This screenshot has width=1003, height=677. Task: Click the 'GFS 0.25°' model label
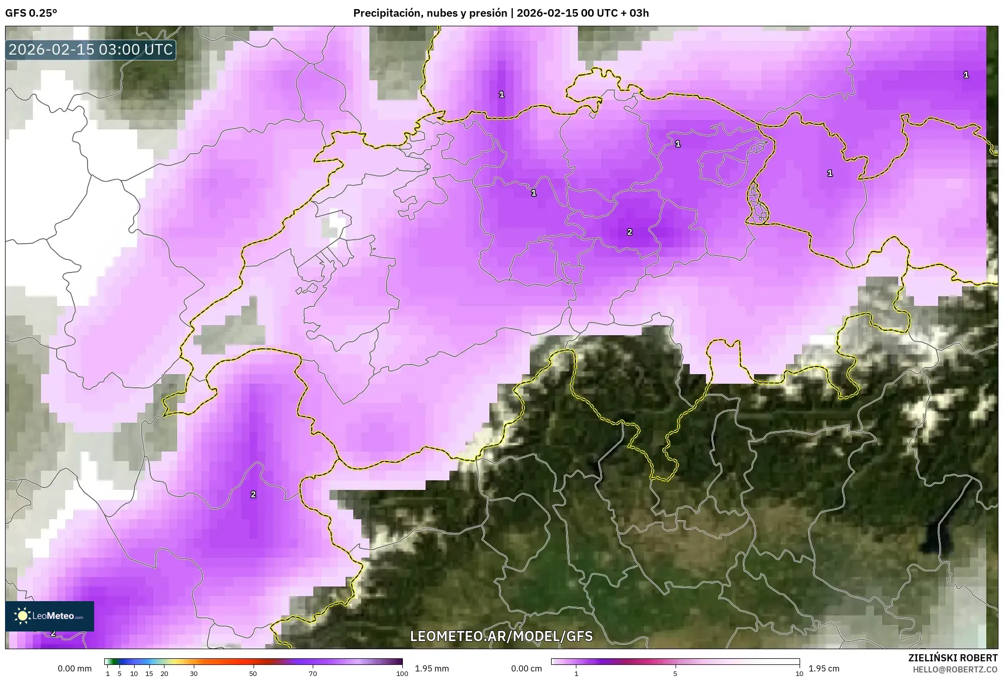(x=31, y=13)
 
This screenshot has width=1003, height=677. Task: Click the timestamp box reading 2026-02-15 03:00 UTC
(x=91, y=50)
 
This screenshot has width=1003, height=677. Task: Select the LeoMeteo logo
(x=50, y=616)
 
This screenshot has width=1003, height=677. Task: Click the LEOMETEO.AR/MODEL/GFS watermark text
(x=501, y=636)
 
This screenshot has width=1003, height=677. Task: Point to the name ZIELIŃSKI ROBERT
(x=953, y=658)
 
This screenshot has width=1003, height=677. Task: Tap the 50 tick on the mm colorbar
(x=253, y=673)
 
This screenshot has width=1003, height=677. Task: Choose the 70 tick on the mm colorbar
(x=313, y=673)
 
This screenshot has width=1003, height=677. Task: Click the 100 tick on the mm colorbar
(x=402, y=673)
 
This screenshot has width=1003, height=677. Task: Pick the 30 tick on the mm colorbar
(x=193, y=673)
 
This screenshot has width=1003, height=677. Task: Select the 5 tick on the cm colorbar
(x=675, y=673)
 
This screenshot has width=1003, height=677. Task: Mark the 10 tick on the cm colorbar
(x=799, y=673)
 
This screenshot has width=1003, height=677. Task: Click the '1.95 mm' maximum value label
(x=432, y=668)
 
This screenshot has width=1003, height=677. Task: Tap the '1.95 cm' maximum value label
(x=824, y=668)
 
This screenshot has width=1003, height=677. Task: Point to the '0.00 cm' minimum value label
(x=526, y=668)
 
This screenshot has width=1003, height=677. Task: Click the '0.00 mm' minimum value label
(x=74, y=668)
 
